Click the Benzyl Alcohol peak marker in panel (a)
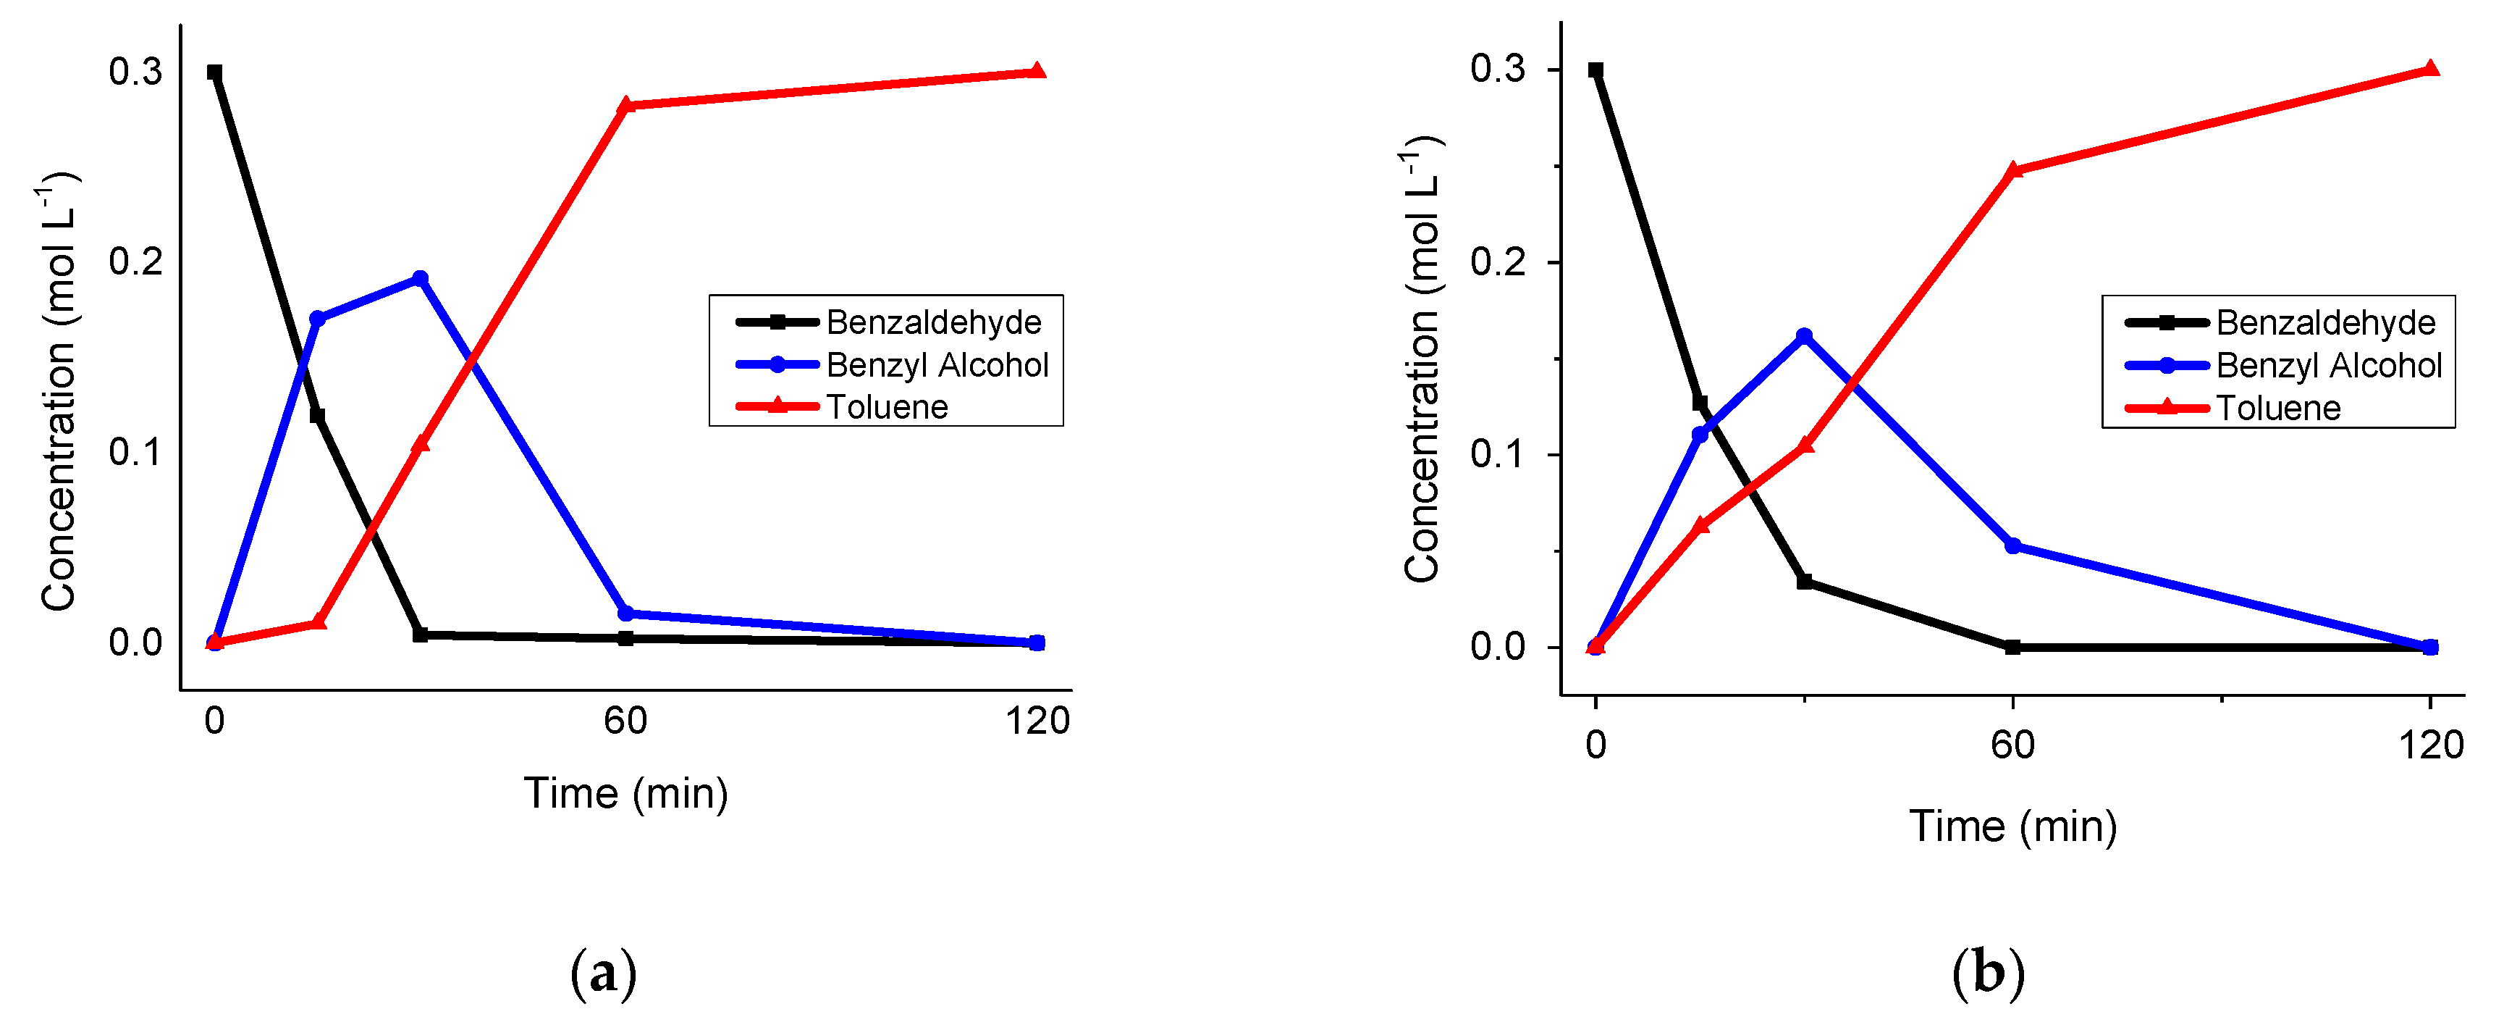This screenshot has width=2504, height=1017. click(420, 279)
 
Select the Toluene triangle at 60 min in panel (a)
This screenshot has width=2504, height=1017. click(626, 105)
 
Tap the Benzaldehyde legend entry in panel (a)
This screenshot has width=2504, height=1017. click(933, 322)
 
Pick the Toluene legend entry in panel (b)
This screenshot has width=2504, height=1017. click(2277, 407)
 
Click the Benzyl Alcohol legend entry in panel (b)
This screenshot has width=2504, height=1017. click(2328, 366)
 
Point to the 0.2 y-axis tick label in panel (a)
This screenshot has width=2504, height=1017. click(135, 261)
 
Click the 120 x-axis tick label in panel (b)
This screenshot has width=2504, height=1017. click(2430, 745)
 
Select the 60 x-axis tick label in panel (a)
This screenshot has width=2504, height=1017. click(625, 721)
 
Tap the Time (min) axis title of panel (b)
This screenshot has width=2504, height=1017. click(2012, 826)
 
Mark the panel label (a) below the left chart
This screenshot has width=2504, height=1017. click(603, 972)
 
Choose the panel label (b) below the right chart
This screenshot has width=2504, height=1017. click(1988, 972)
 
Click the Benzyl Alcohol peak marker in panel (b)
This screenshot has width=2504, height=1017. click(1804, 336)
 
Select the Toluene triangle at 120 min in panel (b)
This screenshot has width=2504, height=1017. click(2430, 69)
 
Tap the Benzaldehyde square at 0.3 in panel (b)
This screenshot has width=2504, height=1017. click(1595, 70)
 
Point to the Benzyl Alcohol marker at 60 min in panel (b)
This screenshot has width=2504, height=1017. click(2013, 546)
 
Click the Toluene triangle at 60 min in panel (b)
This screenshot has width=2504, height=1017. click(2013, 170)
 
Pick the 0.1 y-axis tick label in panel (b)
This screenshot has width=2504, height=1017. click(1497, 454)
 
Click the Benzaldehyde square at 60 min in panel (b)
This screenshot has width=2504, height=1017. click(2013, 647)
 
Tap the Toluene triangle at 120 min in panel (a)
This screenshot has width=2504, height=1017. click(1037, 71)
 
